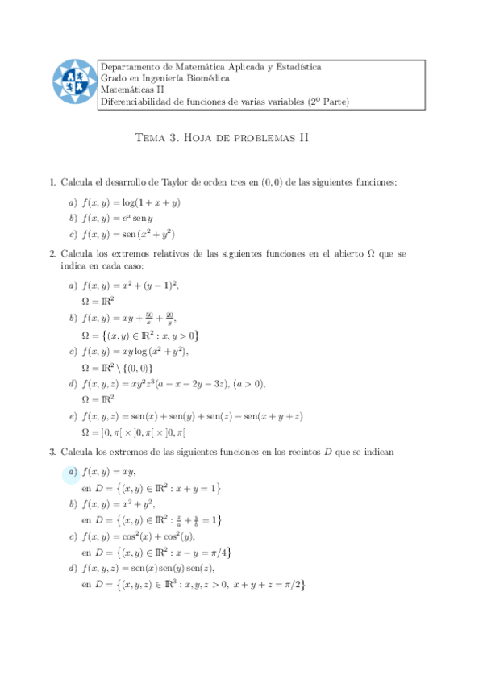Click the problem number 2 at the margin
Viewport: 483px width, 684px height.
click(52, 254)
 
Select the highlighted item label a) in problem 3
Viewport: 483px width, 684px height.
click(73, 472)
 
